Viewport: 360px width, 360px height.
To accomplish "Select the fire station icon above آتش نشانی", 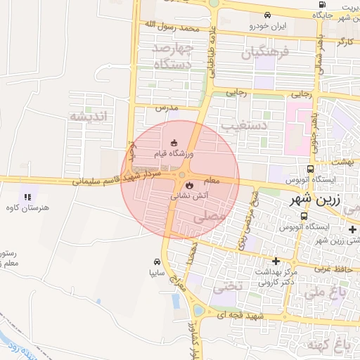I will (x=188, y=185).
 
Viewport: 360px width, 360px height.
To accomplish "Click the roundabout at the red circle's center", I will (x=182, y=175).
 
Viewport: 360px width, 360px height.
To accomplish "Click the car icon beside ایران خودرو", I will (x=267, y=15).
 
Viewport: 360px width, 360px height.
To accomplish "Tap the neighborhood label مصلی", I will (x=215, y=219).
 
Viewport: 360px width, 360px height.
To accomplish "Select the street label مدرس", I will (x=164, y=108).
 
